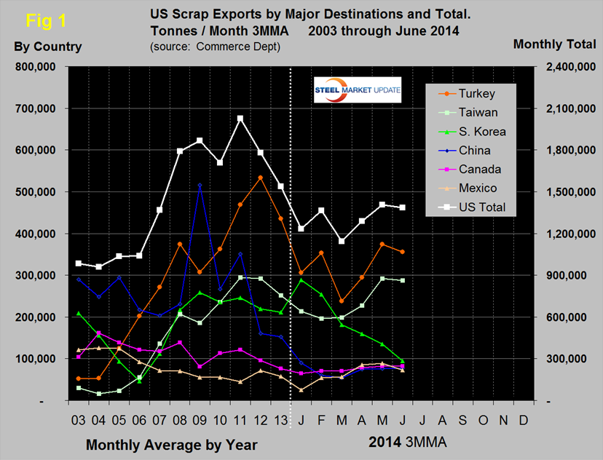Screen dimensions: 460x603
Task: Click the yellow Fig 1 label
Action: coord(44,21)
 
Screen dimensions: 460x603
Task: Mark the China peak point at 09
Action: coord(200,186)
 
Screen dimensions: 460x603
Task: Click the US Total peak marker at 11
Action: coord(240,118)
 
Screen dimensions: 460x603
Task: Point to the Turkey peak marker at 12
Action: coord(261,178)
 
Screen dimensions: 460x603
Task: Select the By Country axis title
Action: coord(48,47)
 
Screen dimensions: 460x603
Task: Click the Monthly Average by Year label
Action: coord(171,443)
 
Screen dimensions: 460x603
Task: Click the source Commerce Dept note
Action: coord(216,47)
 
